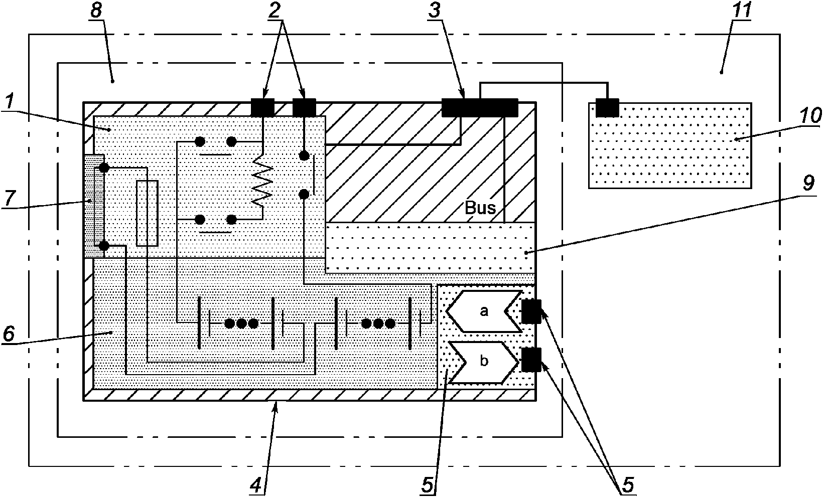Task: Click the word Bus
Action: coord(480,208)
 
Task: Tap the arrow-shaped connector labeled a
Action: coord(484,311)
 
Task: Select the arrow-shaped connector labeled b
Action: coord(484,363)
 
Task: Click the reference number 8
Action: coord(96,11)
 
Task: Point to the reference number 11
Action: coord(741,11)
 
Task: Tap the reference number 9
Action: coord(808,183)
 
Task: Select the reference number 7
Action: coord(9,198)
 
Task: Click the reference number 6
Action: coord(9,334)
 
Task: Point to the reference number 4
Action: coord(256,486)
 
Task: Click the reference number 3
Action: coord(435,11)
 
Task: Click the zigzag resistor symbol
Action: coord(262,180)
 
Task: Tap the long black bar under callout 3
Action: coord(480,108)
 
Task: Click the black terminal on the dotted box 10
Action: coord(607,108)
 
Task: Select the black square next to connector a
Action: coord(531,311)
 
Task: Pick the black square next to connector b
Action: coord(531,360)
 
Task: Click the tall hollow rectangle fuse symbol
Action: coord(147,213)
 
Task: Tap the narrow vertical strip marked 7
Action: coord(94,206)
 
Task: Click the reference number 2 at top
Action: coord(274,11)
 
